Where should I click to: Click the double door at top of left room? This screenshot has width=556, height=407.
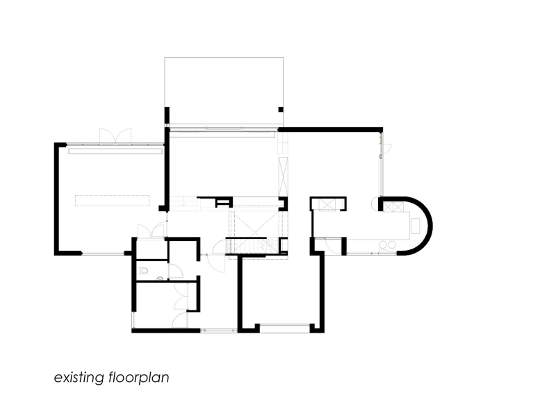[x=114, y=136]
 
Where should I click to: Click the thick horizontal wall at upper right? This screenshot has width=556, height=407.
[x=331, y=129]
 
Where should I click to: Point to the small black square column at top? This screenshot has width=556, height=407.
[x=280, y=109]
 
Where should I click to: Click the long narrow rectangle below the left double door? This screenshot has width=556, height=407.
[x=115, y=150]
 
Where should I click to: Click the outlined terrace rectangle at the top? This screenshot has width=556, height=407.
[x=223, y=90]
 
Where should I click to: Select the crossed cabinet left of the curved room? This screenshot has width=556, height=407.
[x=325, y=204]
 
